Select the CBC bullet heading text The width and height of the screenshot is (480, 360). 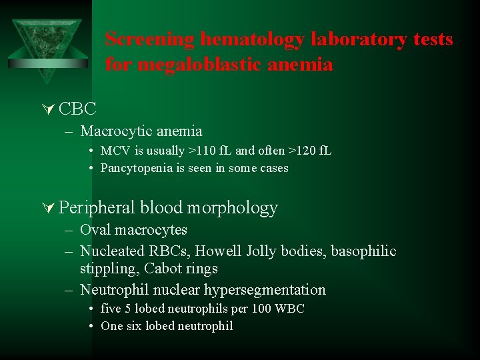(77, 108)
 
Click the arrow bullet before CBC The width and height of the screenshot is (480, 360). (48, 108)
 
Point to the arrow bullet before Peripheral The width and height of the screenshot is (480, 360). (48, 208)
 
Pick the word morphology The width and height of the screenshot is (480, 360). (232, 208)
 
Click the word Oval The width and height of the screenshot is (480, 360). (95, 230)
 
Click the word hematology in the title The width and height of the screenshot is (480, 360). (243, 40)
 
